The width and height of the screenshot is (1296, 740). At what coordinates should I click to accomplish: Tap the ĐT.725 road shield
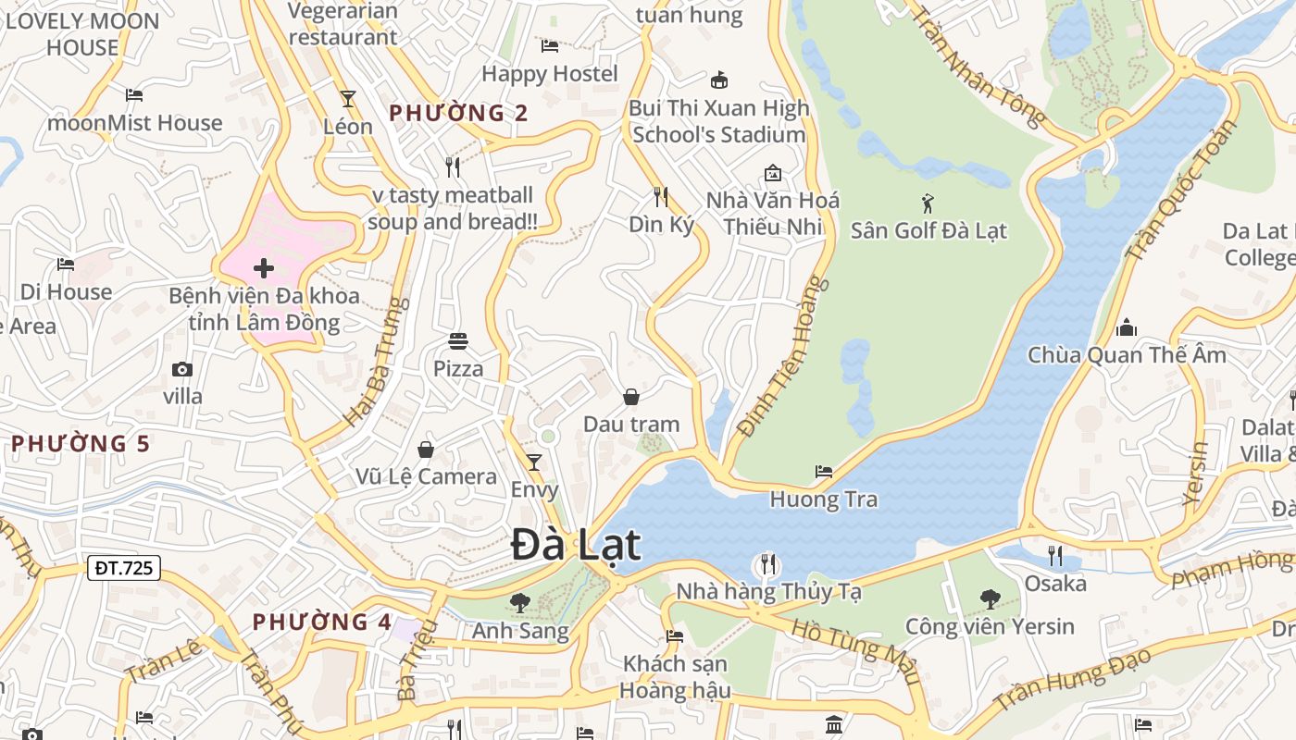[x=124, y=568]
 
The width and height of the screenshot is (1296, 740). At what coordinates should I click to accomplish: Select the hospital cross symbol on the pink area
[x=264, y=269]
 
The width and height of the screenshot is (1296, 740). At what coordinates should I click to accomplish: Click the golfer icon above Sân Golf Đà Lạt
[x=928, y=203]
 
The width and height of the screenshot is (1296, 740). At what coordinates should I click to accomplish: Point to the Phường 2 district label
[x=458, y=114]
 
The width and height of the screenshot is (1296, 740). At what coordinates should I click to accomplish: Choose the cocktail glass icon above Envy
[x=534, y=462]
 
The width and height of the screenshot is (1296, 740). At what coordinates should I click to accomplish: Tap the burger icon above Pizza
[x=458, y=341]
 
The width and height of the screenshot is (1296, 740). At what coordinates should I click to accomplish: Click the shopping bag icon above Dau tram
[x=631, y=397]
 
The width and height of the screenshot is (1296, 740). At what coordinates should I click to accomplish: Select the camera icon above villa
[x=182, y=369]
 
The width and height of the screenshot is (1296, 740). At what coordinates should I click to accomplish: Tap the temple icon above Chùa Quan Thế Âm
[x=1127, y=327]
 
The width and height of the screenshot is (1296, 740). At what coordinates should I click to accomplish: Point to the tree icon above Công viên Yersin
[x=990, y=598]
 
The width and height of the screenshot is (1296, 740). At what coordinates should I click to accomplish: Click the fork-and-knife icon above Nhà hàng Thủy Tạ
[x=767, y=563]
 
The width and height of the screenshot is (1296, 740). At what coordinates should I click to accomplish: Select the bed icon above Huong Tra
[x=824, y=472]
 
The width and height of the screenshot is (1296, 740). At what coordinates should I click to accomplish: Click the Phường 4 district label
[x=322, y=622]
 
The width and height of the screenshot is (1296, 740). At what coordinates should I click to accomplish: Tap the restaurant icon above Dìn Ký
[x=661, y=196]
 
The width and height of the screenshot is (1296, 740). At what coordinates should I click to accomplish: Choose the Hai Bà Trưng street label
[x=376, y=361]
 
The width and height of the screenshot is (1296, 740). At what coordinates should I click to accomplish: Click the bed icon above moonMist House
[x=134, y=95]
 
